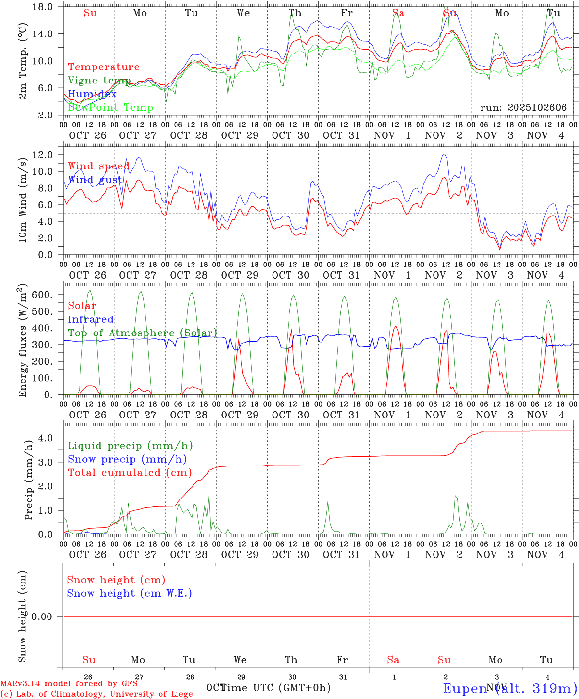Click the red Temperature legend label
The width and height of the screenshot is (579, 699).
tap(104, 67)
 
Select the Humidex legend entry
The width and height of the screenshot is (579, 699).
tap(92, 94)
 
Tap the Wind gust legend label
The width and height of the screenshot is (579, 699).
tap(96, 180)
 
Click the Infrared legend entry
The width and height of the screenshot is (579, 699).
tap(91, 319)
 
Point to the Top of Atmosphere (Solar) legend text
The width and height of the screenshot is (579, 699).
tap(143, 333)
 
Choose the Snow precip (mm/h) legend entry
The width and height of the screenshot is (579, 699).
tap(127, 459)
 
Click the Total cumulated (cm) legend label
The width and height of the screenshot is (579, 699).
tap(129, 473)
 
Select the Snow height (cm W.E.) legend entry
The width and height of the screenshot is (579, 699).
tap(129, 593)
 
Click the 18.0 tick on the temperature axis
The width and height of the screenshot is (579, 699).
tap(44, 7)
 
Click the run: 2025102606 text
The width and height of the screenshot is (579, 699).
tap(523, 108)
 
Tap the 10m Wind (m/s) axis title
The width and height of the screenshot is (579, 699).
tap(22, 200)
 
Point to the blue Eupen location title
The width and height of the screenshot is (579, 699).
tap(509, 688)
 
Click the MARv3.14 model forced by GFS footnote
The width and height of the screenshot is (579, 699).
tap(69, 683)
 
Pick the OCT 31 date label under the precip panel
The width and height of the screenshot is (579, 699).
tap(341, 555)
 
